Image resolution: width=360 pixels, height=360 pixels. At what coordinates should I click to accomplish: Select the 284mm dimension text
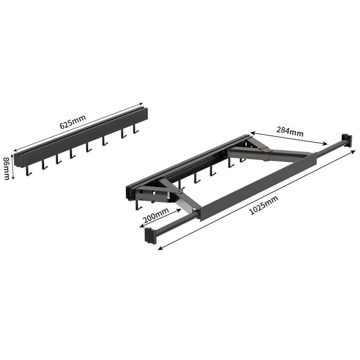tap(290, 131)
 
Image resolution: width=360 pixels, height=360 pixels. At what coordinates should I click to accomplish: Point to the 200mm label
tap(156, 216)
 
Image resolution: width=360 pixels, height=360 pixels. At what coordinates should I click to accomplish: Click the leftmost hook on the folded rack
tap(29, 171)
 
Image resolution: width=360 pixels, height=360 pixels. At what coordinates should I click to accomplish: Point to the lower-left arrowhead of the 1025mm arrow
tap(160, 247)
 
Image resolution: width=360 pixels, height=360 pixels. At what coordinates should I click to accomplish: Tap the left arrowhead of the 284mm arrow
tap(252, 133)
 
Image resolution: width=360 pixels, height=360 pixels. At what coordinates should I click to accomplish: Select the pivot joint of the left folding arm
tap(180, 191)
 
